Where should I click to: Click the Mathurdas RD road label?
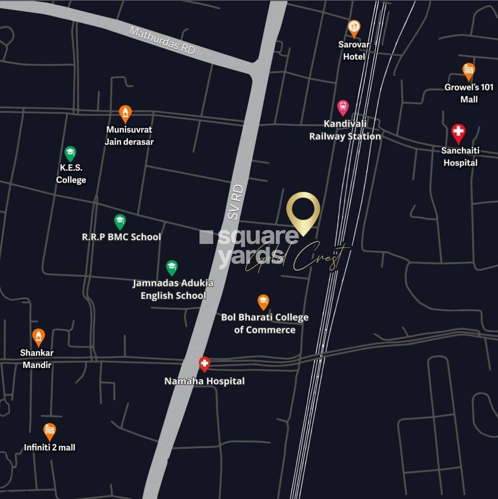coord(162,40)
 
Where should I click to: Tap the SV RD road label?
coord(236,202)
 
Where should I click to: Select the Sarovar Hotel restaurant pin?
coord(353,28)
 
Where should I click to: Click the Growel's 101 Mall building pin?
coord(468,71)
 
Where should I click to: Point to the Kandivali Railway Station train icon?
coord(343,107)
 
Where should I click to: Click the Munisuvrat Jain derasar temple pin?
coord(125,113)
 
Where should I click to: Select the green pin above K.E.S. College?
coord(70,153)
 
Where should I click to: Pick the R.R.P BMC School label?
coord(121,237)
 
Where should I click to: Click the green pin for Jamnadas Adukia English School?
coord(171,267)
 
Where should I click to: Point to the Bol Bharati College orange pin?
coord(263,302)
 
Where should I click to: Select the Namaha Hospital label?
coord(204,381)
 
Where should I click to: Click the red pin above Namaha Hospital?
coord(204,364)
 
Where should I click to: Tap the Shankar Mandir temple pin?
coord(38,337)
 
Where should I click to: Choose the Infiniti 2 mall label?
coord(49,447)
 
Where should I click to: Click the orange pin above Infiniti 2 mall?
coord(49,431)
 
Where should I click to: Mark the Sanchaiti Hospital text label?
coord(460,156)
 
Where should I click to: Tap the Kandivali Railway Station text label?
coord(345,130)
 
